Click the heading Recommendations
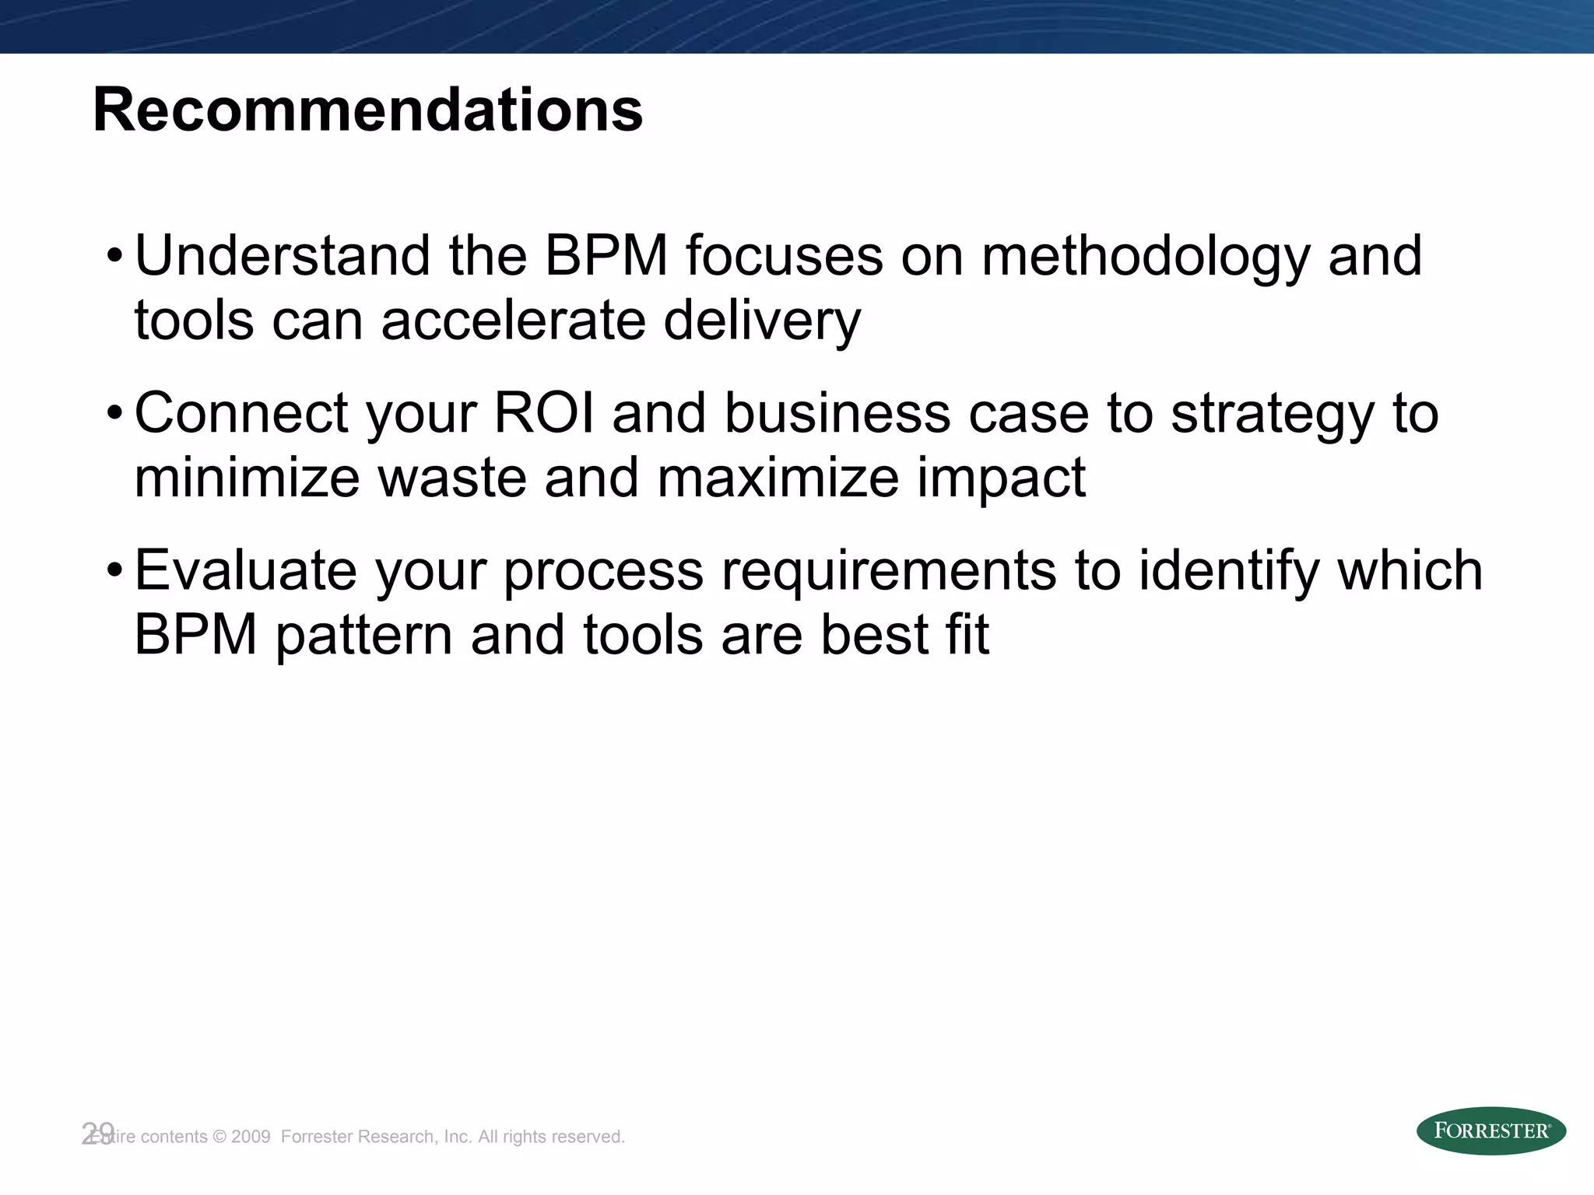367,110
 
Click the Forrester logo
1490,1131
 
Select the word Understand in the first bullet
283,256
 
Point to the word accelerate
514,320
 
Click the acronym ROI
544,413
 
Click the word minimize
247,477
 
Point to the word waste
451,477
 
